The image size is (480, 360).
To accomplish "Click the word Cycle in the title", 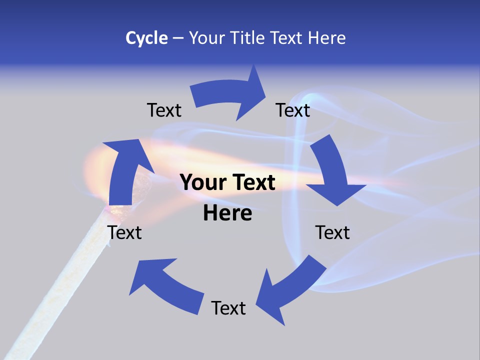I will (x=146, y=38).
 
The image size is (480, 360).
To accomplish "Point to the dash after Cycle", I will (x=178, y=38).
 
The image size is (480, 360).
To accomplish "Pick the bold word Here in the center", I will (x=227, y=213).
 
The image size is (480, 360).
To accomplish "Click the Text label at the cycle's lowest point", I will (x=228, y=308).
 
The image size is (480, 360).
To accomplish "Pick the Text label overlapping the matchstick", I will (x=124, y=232).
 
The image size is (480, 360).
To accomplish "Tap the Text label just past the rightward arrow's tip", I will (x=293, y=110).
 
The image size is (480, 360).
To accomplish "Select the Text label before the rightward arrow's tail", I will (x=164, y=110).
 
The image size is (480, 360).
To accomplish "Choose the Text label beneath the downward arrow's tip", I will (x=332, y=232).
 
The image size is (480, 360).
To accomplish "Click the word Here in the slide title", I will (x=326, y=38).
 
